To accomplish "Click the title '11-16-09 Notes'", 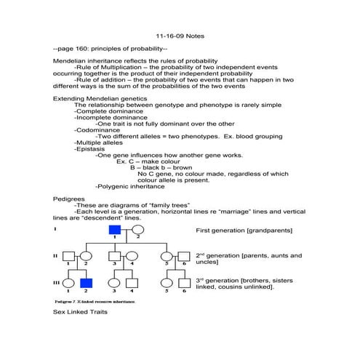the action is point(180,35).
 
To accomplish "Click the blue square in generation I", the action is point(114,230).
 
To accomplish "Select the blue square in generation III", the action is point(86,283).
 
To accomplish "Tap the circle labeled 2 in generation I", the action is point(137,230).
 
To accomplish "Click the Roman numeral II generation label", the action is point(55,256).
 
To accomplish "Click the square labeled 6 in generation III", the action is point(184,283).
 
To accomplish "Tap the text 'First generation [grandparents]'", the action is point(244,231).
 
